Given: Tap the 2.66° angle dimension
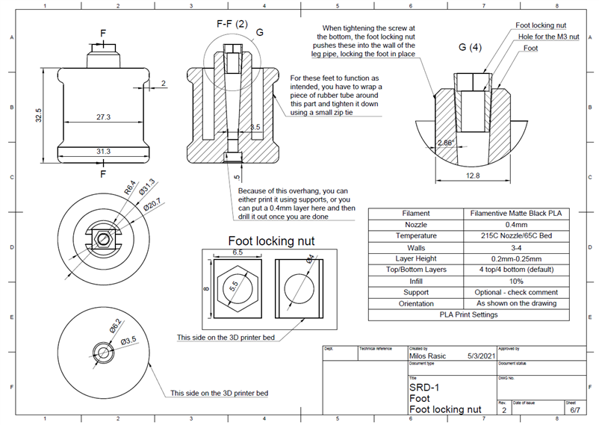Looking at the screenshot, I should point(444,142).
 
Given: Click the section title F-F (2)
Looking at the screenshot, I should point(232,24).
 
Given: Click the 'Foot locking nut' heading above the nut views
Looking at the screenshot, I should point(270,241).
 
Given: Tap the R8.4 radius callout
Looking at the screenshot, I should point(130,187).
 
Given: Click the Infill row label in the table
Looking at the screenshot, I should point(416,281).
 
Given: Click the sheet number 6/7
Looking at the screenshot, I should point(576,410).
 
